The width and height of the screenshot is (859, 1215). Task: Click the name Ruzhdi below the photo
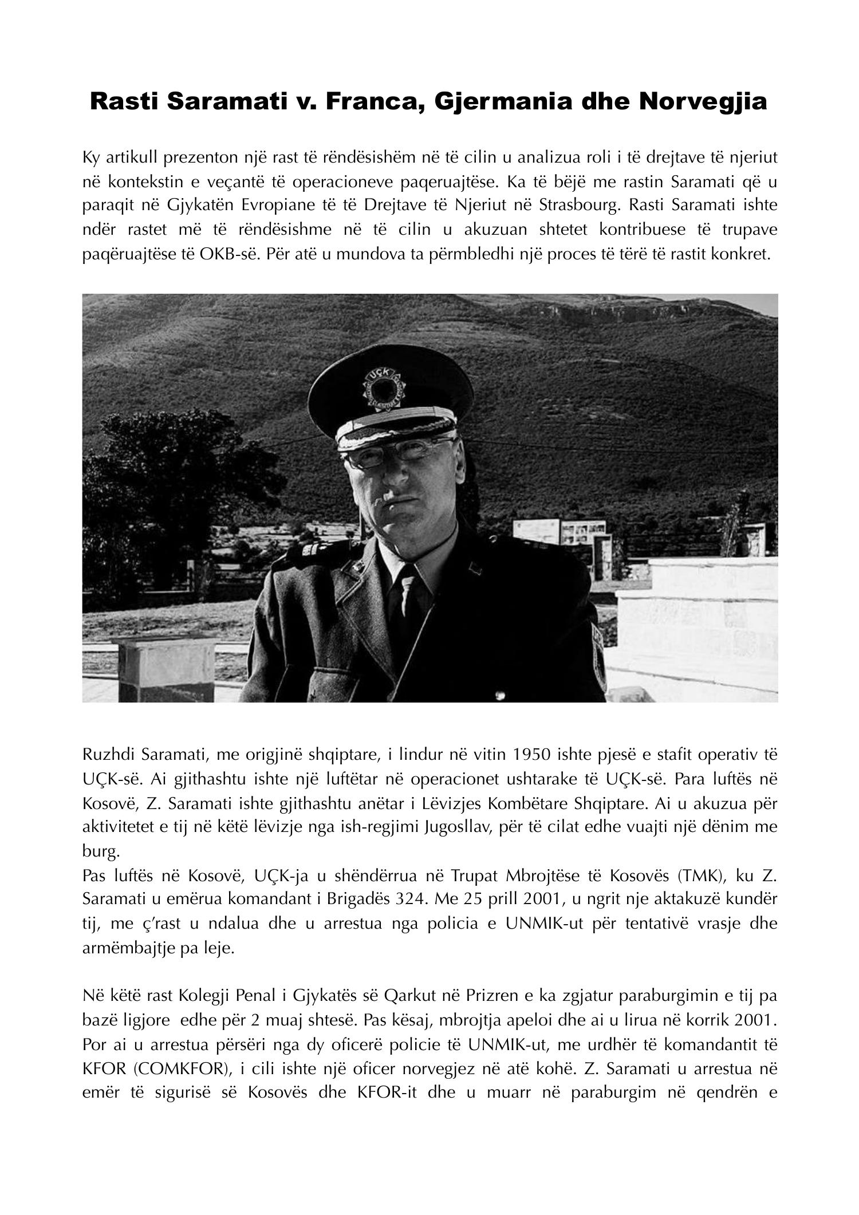click(x=105, y=755)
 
